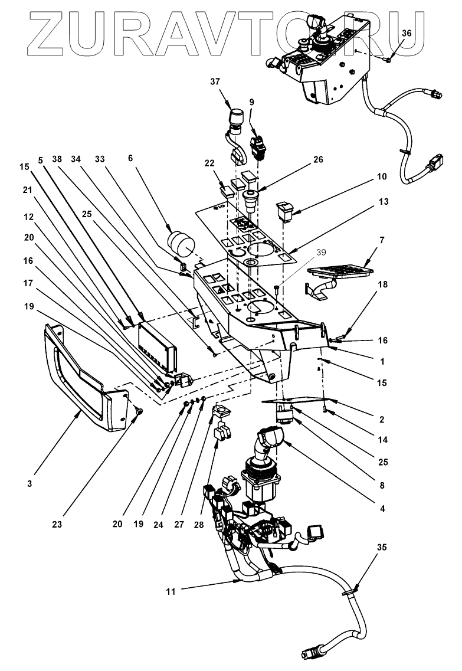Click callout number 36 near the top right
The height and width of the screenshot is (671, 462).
point(407,33)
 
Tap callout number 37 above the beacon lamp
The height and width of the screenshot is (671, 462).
point(215,81)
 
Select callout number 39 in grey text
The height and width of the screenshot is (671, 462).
point(321,253)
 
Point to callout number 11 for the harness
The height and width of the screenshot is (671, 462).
point(171,592)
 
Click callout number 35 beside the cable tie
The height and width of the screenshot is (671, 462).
point(382,547)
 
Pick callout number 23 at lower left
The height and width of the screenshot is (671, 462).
point(57,524)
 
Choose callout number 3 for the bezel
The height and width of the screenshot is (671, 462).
point(30,484)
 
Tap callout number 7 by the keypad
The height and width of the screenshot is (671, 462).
point(382,240)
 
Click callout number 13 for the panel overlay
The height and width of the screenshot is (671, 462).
point(384,201)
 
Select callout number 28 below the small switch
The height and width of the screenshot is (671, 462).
point(199,525)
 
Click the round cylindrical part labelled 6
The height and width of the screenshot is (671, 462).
point(181,243)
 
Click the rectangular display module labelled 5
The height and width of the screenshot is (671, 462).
point(157,347)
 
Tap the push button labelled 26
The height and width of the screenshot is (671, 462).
point(249,200)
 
